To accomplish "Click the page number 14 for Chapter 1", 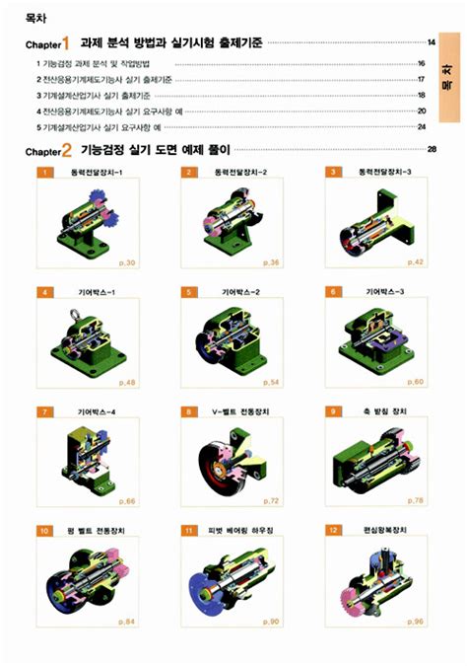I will click(x=431, y=43).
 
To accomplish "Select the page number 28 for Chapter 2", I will click(x=431, y=150).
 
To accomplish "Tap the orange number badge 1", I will click(x=44, y=172).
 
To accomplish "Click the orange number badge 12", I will click(x=334, y=531).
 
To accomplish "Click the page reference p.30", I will click(x=127, y=263).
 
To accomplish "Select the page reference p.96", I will click(x=414, y=622).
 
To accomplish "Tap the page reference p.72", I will click(x=271, y=502).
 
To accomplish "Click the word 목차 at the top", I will click(x=35, y=17).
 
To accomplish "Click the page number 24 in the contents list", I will click(x=421, y=127).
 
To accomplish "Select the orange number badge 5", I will click(x=187, y=293).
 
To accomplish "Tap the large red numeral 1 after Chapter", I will click(x=66, y=43).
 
